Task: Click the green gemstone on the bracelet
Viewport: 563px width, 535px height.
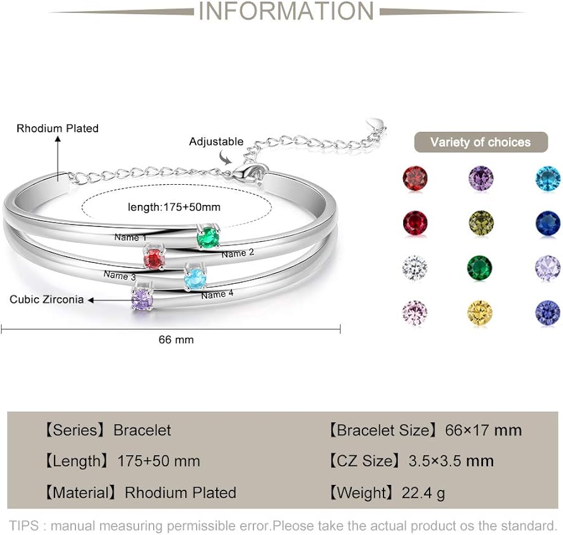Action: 208,237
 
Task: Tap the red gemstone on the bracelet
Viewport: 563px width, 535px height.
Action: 154,260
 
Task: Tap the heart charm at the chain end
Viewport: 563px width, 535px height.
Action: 374,123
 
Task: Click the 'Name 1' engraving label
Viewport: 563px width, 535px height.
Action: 130,238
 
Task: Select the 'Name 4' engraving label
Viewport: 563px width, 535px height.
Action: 217,295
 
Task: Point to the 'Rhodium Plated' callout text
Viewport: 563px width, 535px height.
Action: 57,128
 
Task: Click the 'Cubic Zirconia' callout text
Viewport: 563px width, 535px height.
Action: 47,299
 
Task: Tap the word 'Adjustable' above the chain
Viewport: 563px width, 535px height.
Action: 216,141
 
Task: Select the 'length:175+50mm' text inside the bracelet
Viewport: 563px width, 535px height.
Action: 174,207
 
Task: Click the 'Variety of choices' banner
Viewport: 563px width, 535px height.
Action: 481,142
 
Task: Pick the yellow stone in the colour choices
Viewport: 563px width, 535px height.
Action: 480,313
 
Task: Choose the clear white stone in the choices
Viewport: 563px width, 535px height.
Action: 415,267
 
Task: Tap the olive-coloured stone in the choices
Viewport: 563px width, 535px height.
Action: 481,223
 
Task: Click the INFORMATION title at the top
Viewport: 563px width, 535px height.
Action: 287,11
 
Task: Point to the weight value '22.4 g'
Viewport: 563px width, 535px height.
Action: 423,493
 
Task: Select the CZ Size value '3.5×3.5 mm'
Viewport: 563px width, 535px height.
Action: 450,461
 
